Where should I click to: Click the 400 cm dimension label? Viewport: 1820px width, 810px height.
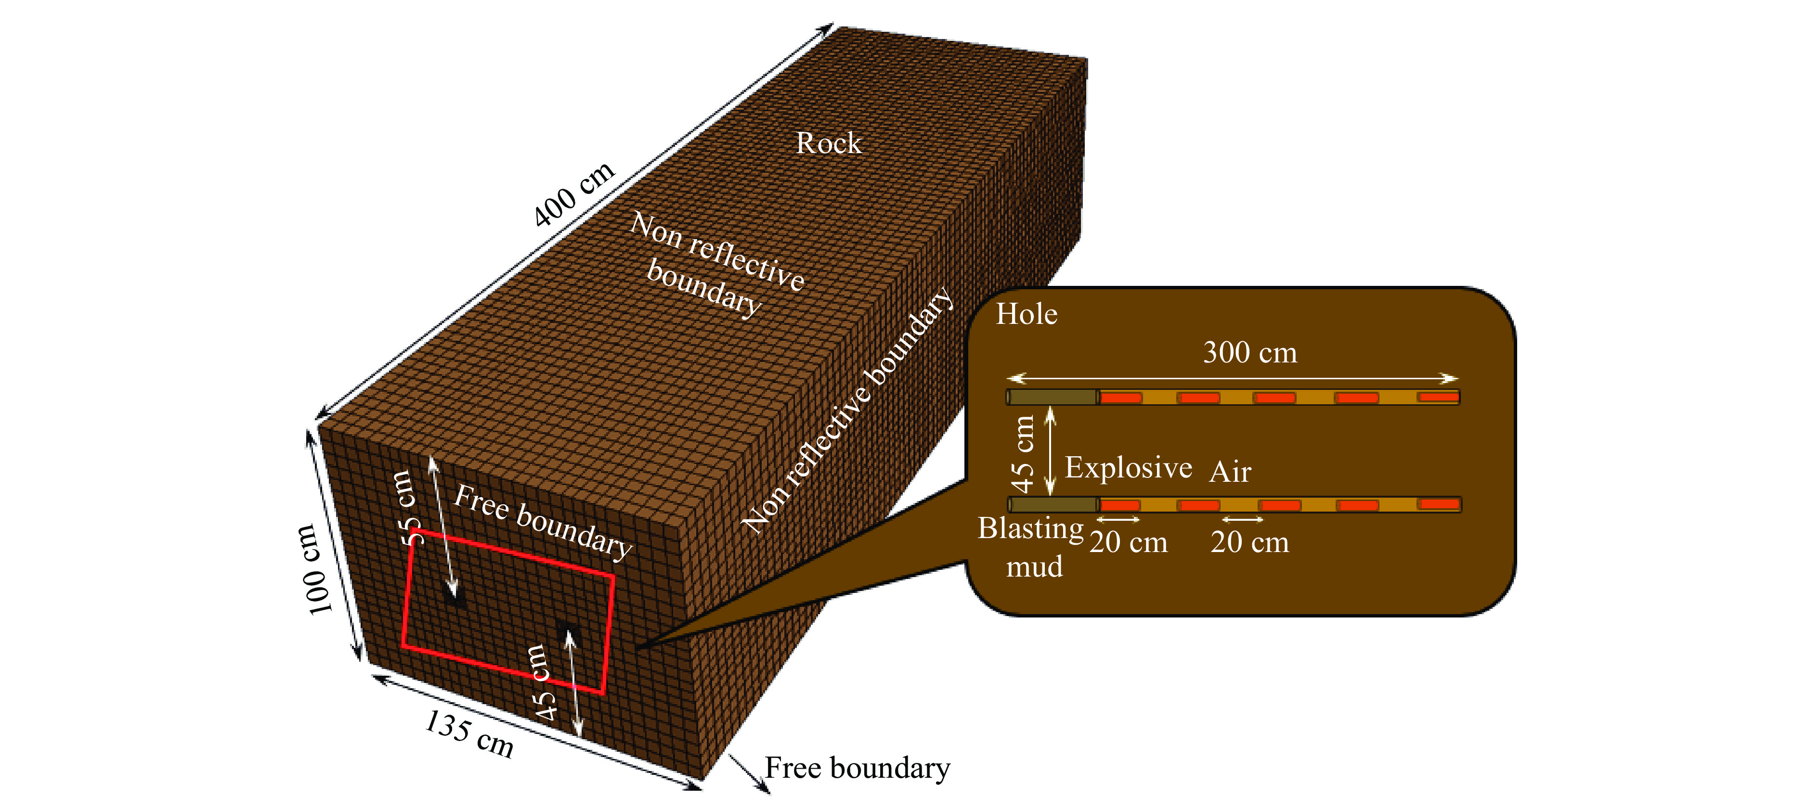coord(574,194)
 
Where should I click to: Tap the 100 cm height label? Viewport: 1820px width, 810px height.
coord(312,568)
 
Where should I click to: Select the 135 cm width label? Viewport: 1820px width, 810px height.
coord(469,734)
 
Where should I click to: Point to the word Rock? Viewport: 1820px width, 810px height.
coord(828,143)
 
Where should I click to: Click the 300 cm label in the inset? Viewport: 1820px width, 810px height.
coord(1250,352)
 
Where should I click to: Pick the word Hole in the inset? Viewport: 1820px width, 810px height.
coord(1027,314)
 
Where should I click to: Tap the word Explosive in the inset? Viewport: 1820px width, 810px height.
coord(1128,467)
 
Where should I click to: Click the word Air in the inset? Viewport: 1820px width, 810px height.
coord(1230,472)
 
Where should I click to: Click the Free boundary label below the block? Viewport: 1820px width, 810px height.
coord(857,768)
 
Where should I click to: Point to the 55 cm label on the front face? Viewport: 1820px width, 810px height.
coord(408,507)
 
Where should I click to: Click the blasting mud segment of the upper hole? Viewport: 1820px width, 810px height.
coord(1053,398)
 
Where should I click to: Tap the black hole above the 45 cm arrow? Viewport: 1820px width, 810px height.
coord(568,630)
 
